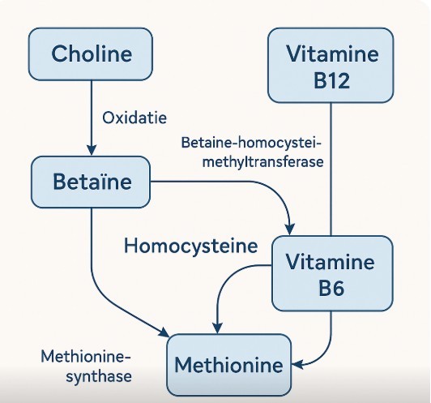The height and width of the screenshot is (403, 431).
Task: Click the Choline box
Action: pyautogui.click(x=91, y=54)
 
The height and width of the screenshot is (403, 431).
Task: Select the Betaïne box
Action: pyautogui.click(x=91, y=182)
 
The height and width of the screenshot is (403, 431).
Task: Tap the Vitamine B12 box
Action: pyautogui.click(x=331, y=66)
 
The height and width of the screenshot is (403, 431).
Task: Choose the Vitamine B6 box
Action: pyautogui.click(x=332, y=273)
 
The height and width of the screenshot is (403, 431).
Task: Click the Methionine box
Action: pyautogui.click(x=229, y=365)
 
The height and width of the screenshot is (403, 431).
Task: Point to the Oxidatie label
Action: pyautogui.click(x=134, y=118)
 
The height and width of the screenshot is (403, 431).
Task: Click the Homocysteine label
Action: pyautogui.click(x=191, y=246)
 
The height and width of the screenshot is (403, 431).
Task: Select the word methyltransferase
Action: pyautogui.click(x=262, y=161)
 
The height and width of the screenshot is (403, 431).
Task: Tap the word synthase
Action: pyautogui.click(x=99, y=376)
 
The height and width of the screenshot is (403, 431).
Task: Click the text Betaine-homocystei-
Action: pyautogui.click(x=251, y=143)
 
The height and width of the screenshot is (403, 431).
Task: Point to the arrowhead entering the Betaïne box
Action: pyautogui.click(x=92, y=150)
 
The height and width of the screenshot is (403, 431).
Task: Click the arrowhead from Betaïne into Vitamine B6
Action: pyautogui.click(x=289, y=230)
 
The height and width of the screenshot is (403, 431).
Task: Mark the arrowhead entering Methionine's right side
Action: pyautogui.click(x=297, y=365)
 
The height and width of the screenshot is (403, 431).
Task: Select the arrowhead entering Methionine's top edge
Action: pyautogui.click(x=217, y=328)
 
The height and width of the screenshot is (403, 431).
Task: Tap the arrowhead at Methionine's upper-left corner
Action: pyautogui.click(x=164, y=332)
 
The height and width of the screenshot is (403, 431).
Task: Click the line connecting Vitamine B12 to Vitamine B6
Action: pyautogui.click(x=331, y=169)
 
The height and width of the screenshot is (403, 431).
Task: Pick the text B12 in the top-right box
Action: pyautogui.click(x=331, y=80)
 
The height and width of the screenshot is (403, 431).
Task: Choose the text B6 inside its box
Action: pyautogui.click(x=331, y=289)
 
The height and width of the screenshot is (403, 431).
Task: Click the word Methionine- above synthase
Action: pyautogui.click(x=86, y=357)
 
